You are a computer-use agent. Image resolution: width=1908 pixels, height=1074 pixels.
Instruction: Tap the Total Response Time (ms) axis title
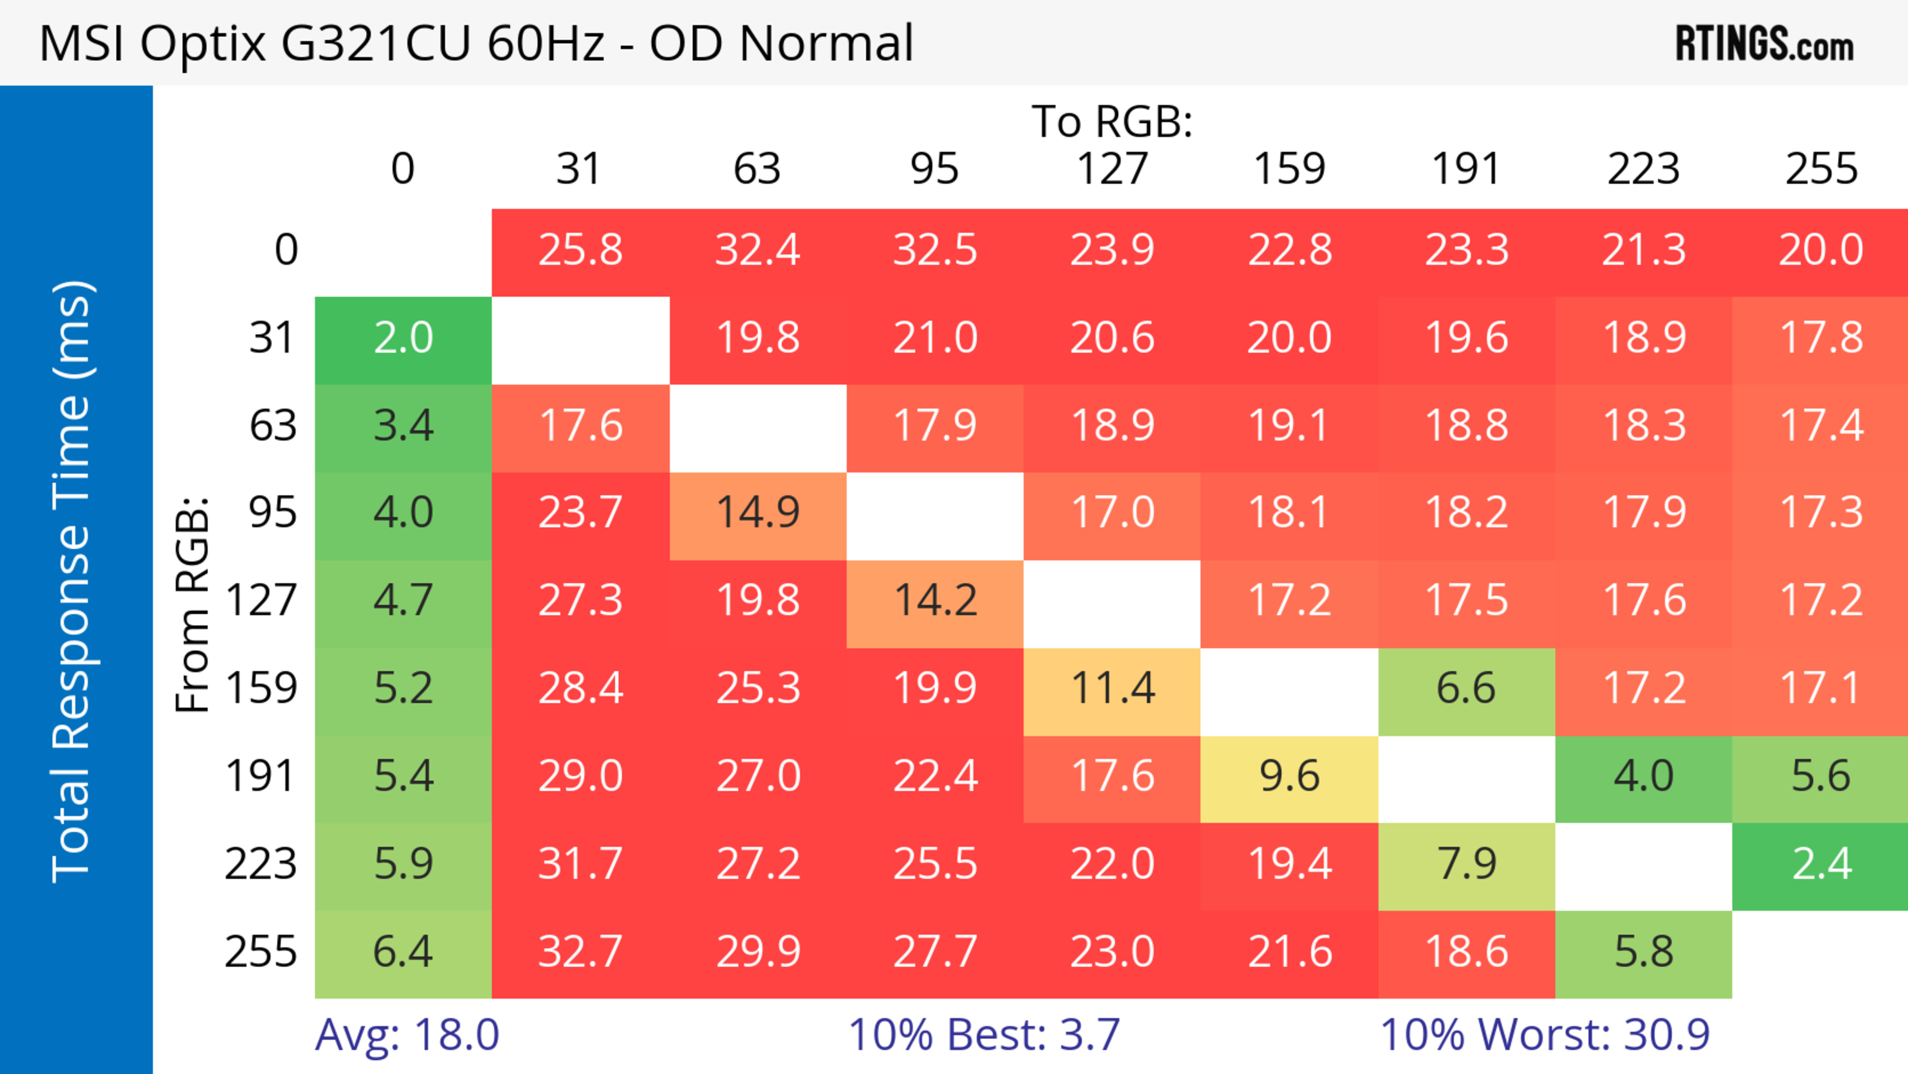72,581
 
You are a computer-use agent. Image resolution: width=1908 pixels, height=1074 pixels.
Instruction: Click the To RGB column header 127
1112,169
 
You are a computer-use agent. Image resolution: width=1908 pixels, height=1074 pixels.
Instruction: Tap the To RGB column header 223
1644,169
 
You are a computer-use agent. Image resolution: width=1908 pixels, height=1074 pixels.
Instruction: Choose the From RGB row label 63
273,425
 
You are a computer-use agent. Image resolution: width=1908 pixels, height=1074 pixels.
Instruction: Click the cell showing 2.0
403,338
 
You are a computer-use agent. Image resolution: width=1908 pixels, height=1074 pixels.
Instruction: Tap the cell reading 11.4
1112,688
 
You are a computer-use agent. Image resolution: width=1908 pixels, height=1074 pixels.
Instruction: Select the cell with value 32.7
580,952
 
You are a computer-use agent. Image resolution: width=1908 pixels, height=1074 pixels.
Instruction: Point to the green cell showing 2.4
1821,864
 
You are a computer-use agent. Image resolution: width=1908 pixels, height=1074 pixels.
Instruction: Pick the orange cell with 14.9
758,512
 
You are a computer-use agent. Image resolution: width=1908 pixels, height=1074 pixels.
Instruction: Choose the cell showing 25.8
580,249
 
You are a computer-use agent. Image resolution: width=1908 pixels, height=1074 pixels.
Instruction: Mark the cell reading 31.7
580,864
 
